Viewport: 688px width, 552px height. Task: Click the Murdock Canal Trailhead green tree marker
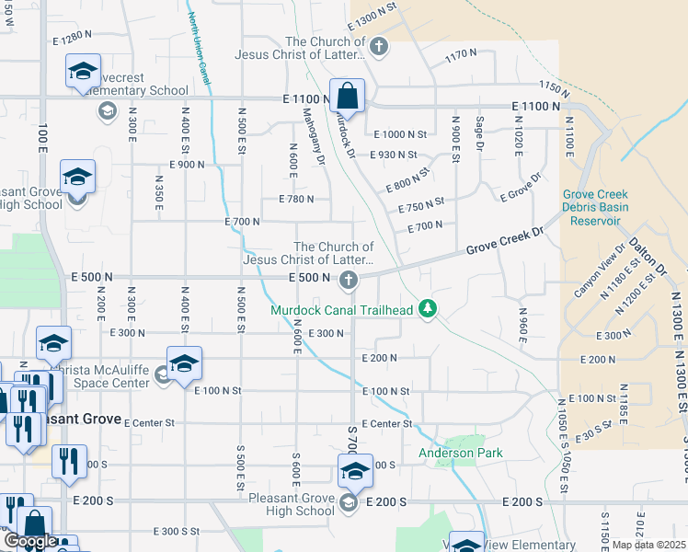coord(426,309)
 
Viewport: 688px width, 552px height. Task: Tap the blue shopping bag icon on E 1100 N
coord(348,96)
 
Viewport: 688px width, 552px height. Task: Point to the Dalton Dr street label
coord(647,257)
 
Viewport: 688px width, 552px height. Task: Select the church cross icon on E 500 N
coord(348,280)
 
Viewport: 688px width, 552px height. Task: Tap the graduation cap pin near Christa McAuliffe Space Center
coord(184,362)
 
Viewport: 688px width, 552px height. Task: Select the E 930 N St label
coord(394,155)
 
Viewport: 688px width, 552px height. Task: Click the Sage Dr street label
coord(479,132)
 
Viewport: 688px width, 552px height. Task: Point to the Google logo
coord(30,541)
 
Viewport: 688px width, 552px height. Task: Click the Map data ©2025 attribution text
coord(649,545)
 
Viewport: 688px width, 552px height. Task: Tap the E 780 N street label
coord(296,199)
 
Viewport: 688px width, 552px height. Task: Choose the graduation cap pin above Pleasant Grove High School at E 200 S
coord(355,471)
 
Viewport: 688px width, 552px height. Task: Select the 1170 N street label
coord(457,56)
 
